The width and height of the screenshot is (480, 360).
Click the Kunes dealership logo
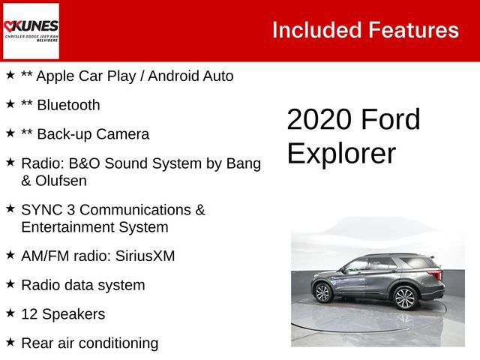[31, 31]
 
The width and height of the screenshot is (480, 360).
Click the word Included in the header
[316, 30]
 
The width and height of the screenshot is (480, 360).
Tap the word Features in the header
[413, 30]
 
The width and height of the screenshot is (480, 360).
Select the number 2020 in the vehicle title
[319, 120]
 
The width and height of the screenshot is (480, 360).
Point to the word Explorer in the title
[341, 153]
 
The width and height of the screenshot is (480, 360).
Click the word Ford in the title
[390, 120]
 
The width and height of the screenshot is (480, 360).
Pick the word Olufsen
[53, 181]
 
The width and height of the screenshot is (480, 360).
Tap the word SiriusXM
[145, 256]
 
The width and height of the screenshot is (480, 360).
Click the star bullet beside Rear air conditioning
[10, 342]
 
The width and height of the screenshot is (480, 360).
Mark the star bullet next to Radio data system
[10, 284]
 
